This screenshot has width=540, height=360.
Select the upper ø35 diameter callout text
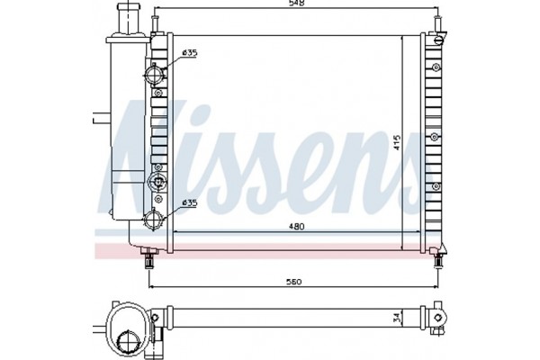[189, 53]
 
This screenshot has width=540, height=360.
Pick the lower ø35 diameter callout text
[189, 203]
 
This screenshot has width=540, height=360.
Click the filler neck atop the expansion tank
[123, 13]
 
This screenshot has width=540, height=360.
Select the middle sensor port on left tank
[158, 183]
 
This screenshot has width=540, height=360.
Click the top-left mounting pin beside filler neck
[154, 23]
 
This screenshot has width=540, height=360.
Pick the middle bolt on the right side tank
[436, 137]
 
